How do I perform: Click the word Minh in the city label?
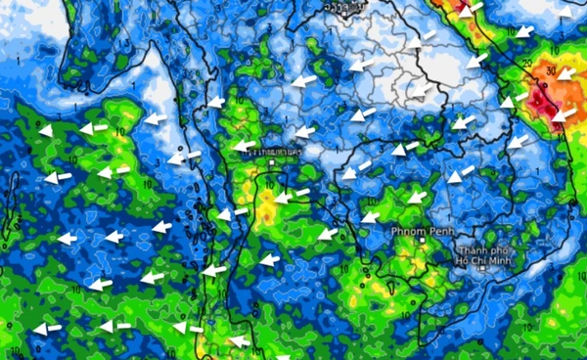509,262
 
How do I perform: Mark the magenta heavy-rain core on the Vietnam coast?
543,103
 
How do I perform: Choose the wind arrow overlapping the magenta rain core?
560,114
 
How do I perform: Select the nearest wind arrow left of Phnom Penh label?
370,217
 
